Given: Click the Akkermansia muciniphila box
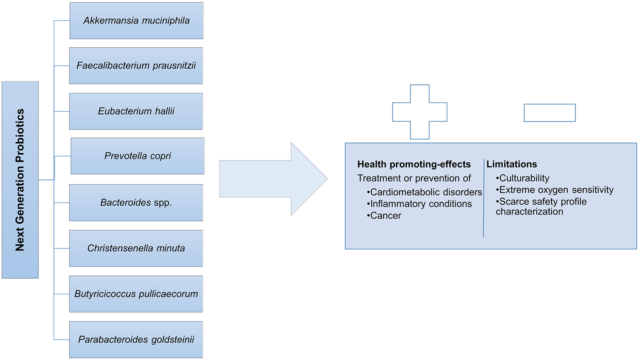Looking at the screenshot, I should (x=136, y=21).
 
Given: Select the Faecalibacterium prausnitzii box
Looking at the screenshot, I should (x=136, y=66).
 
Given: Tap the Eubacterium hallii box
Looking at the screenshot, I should (x=136, y=111).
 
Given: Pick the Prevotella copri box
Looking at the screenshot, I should (x=138, y=156).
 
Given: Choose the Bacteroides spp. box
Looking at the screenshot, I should (x=136, y=203).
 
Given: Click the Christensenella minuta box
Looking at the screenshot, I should (x=136, y=248).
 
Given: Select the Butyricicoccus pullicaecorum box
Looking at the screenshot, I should (x=136, y=294).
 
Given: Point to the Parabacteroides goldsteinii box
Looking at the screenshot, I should (x=136, y=339).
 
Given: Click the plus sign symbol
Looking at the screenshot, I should (x=420, y=112).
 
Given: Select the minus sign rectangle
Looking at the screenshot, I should (x=550, y=113).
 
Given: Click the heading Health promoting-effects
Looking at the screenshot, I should (x=414, y=164).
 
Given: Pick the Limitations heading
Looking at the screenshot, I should (x=511, y=164).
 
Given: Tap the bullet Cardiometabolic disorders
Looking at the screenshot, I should (x=425, y=192).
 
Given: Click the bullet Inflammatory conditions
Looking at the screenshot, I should (x=420, y=204).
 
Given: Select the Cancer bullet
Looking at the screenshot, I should (x=385, y=215).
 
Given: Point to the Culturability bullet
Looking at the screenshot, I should (x=523, y=178).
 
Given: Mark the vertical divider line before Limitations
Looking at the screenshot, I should (x=483, y=198).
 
